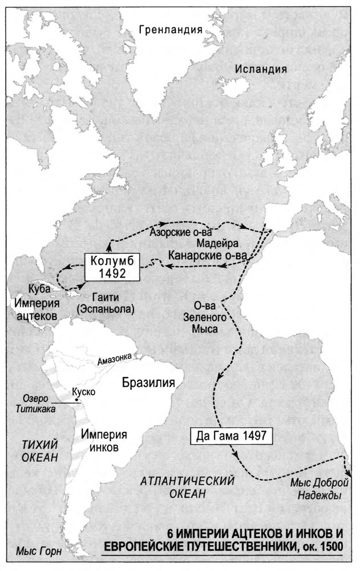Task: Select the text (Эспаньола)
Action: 108,309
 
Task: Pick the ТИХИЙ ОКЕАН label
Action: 37,451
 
